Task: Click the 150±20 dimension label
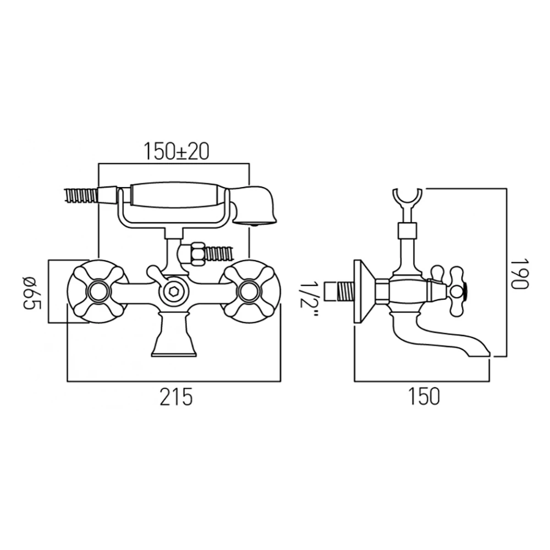pos(176,151)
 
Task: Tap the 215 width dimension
pos(176,397)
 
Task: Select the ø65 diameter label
pos(32,291)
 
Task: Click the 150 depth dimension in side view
pos(425,397)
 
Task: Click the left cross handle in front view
pos(98,291)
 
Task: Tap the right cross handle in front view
pos(250,291)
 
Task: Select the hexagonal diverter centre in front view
pos(174,292)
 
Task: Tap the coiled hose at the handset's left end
pos(81,195)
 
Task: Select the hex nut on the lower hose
pos(196,255)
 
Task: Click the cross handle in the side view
pos(456,291)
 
